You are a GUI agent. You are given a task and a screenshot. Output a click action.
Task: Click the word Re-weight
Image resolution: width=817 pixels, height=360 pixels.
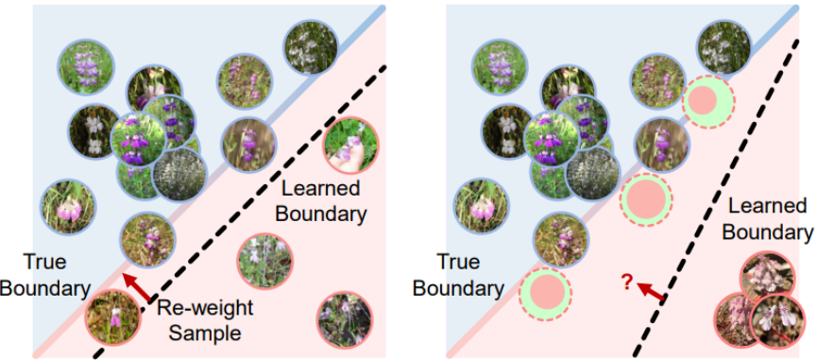[205, 308]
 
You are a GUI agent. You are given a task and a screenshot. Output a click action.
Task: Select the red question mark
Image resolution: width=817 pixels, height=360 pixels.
[627, 282]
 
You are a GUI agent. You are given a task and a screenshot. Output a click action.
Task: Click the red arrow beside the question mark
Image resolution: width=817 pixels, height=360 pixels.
[650, 292]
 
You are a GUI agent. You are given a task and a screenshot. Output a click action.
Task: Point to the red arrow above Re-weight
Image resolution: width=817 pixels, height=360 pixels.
[136, 287]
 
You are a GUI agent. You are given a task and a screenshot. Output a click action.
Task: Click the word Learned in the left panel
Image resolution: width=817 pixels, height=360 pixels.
[319, 188]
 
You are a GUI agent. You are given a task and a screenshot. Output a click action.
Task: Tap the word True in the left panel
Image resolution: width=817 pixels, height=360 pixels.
[44, 262]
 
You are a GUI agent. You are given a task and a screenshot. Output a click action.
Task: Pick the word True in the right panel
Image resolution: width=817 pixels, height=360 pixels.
[458, 262]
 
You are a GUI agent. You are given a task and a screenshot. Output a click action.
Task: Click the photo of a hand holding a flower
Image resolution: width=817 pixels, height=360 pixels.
[350, 145]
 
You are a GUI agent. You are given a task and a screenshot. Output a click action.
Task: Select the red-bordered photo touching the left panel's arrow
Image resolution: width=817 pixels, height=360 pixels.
[112, 317]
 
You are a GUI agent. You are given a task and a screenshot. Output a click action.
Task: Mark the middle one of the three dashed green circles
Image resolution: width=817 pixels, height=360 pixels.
[646, 200]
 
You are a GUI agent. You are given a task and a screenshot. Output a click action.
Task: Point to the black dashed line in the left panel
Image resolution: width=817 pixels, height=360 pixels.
[239, 212]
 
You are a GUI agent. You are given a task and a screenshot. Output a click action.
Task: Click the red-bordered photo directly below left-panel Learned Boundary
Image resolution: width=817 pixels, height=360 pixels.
[265, 261]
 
